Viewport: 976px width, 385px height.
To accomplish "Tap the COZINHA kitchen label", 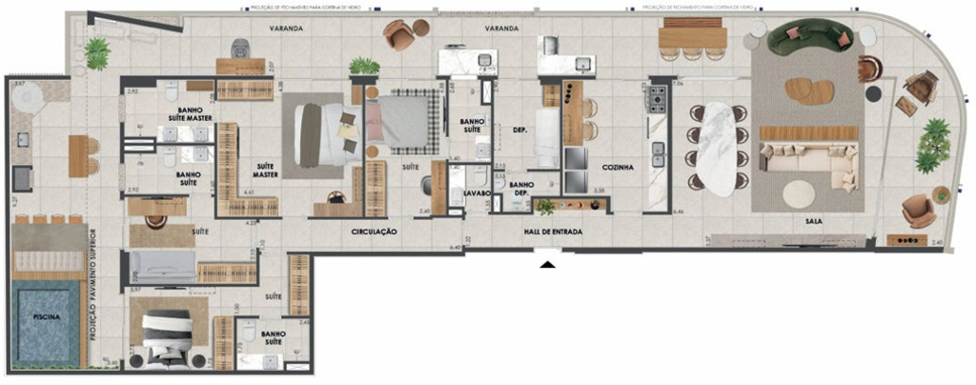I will point(618,167).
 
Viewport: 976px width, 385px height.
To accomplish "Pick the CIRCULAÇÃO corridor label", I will point(374,232).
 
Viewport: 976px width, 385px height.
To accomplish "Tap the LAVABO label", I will point(477,192).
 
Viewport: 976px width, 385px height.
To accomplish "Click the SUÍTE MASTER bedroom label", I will point(264,170).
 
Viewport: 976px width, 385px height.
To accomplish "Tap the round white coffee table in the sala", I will point(799,194).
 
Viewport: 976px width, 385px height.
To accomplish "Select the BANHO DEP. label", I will point(520,189).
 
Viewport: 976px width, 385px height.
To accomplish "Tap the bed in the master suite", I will point(321,133).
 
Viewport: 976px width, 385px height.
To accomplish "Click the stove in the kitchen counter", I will point(656,99).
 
